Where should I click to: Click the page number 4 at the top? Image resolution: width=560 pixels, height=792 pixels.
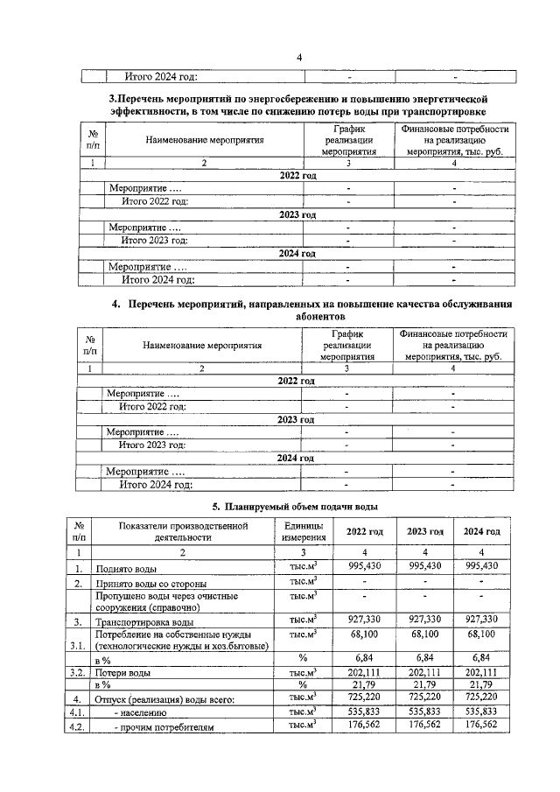tap(298, 58)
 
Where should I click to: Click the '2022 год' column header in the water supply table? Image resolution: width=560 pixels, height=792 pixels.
tap(365, 532)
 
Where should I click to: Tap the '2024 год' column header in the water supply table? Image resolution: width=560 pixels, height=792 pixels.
tap(481, 532)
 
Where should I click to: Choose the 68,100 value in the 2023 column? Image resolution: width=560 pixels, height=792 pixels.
tap(423, 633)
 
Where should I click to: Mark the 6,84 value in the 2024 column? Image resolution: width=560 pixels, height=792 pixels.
tap(481, 656)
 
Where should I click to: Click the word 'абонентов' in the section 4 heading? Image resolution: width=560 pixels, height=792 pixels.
tap(297, 319)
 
